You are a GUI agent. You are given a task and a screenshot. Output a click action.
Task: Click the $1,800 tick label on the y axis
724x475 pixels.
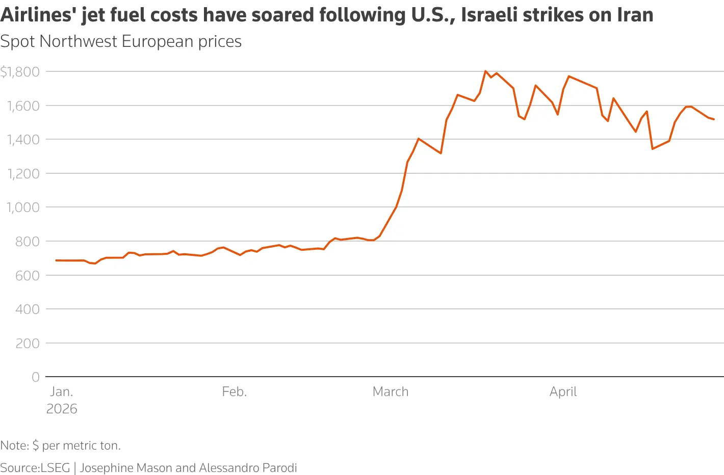click(20, 72)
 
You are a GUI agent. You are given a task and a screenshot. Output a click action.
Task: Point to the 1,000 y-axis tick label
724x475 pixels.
click(23, 207)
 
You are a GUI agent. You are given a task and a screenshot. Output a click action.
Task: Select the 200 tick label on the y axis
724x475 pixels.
click(28, 344)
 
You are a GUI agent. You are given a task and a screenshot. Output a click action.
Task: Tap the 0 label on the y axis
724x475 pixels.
click(36, 377)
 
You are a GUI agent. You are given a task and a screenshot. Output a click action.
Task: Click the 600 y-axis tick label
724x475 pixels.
click(28, 276)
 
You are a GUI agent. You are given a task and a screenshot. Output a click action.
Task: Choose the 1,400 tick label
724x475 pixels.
click(23, 140)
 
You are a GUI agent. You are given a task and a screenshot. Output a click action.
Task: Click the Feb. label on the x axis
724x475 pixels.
click(235, 392)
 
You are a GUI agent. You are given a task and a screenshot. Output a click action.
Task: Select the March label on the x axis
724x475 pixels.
click(391, 392)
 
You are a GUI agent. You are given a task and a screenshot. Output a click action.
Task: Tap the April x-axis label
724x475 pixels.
click(563, 392)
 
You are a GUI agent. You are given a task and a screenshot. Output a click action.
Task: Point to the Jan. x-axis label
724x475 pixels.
click(62, 392)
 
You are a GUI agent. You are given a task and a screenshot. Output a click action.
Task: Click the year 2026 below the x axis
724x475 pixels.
click(62, 409)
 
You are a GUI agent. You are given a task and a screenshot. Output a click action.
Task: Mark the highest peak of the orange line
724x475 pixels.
click(485, 71)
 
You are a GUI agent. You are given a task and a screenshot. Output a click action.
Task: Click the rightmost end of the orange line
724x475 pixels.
click(714, 119)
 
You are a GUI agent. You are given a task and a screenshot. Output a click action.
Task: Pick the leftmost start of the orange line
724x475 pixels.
click(56, 260)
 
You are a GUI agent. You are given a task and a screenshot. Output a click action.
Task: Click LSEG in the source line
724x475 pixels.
click(55, 468)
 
